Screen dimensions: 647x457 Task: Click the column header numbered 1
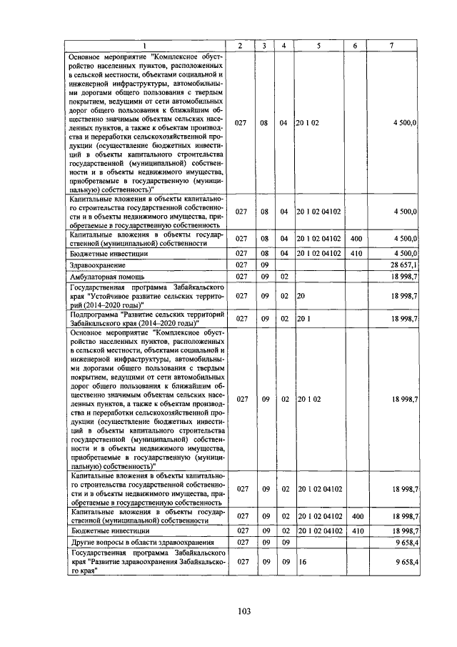tap(148, 46)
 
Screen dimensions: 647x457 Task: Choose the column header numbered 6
tap(355, 46)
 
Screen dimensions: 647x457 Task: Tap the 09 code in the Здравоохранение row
tap(263, 265)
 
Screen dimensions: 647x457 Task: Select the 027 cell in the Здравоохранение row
tap(241, 265)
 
